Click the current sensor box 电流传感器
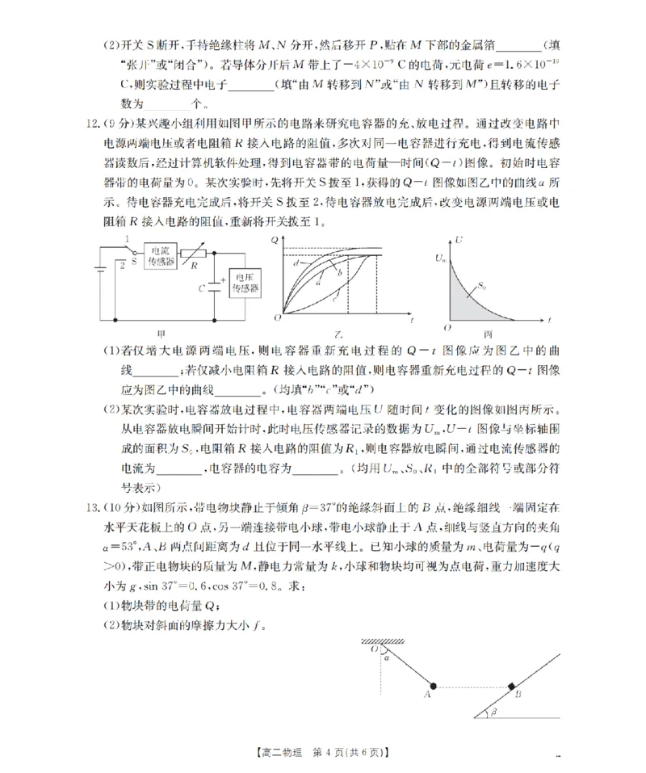[x=161, y=258]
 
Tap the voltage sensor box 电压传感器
[x=245, y=283]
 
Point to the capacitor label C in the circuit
[x=203, y=287]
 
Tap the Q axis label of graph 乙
[x=275, y=240]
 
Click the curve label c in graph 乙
[x=333, y=300]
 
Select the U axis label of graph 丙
[x=458, y=240]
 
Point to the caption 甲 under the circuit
[x=161, y=334]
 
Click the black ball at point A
[x=433, y=686]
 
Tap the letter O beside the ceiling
[x=374, y=649]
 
